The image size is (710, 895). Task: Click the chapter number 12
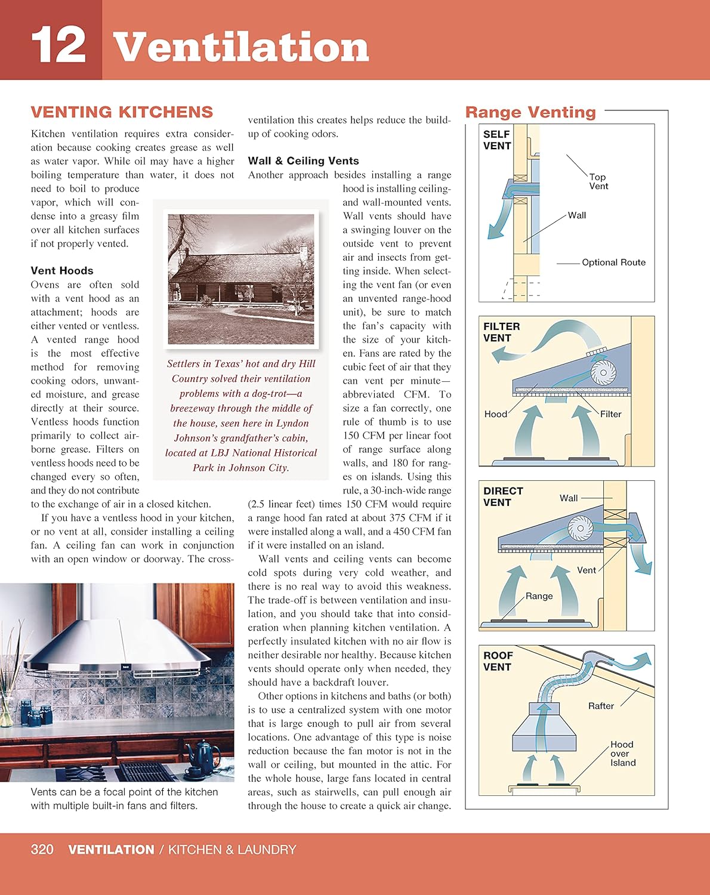tap(58, 46)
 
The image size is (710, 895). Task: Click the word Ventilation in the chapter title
tap(241, 47)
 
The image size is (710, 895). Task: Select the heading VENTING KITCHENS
tap(122, 112)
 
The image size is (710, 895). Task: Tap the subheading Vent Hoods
tap(62, 270)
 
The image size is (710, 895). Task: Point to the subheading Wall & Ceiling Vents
tap(303, 161)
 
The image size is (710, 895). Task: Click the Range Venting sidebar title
tap(530, 112)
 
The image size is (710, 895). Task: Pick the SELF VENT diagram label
tap(497, 140)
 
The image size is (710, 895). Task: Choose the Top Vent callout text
tap(598, 181)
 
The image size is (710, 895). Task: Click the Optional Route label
tap(613, 263)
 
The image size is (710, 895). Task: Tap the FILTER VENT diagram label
tap(501, 332)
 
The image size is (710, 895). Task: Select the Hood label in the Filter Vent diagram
tap(495, 414)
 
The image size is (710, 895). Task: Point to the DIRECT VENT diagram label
tap(502, 496)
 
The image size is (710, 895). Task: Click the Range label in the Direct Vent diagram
tap(539, 596)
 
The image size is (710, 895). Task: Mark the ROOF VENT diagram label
tap(498, 661)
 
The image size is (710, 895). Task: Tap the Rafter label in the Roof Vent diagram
tap(601, 706)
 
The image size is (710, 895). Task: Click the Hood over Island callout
tap(622, 754)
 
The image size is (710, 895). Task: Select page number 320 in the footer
tap(42, 850)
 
